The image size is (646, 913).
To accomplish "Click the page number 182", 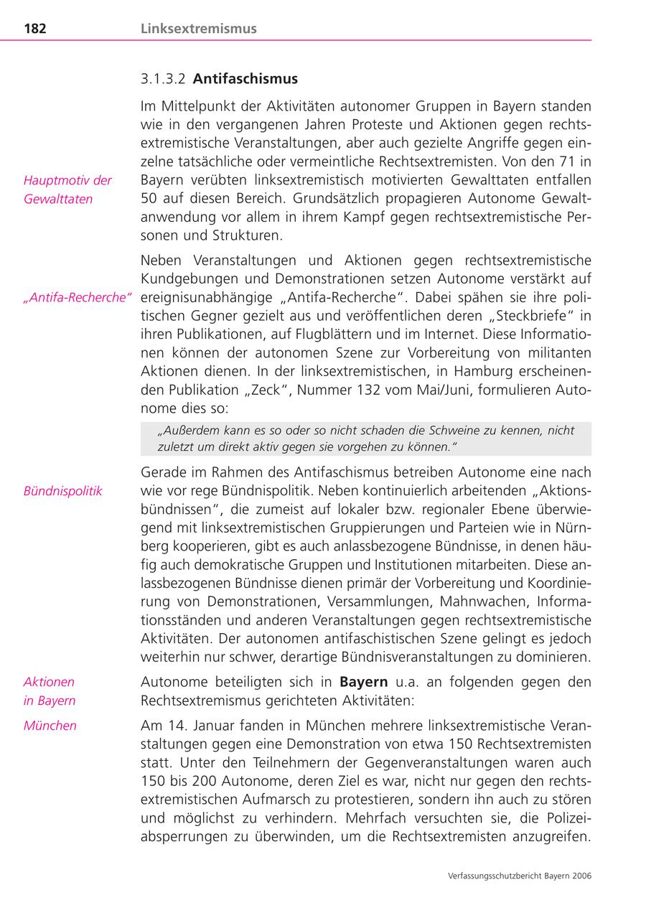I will coord(36,29).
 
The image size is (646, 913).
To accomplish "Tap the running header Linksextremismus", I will coord(198,29).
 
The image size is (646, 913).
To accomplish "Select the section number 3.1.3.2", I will coord(164,78).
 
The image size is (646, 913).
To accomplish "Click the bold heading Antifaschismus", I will coord(245,78).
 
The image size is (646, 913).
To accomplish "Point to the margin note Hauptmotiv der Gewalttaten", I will coord(67,189).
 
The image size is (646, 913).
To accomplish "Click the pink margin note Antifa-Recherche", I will coord(78,297).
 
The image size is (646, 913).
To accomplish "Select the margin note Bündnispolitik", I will coord(63,491).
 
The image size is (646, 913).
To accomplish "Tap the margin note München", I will coord(50,725).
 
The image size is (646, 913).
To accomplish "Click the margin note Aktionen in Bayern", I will coord(50,691).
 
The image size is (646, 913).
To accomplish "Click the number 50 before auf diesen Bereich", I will coord(153,198).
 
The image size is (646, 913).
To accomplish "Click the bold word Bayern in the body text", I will coord(363,682).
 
